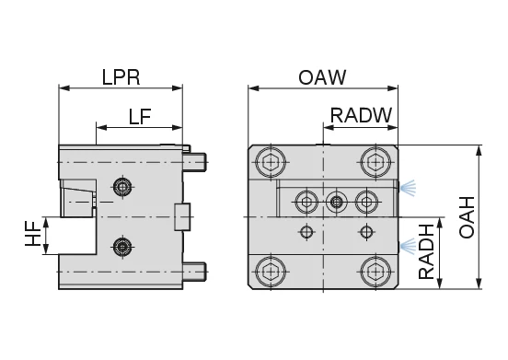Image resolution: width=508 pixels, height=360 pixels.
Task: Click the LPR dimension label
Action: tap(121, 77)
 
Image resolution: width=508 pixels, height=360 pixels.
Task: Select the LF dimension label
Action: tap(140, 117)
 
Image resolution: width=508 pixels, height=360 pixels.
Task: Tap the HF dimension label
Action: tap(33, 233)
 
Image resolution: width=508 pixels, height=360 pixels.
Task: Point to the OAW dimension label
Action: tap(322, 77)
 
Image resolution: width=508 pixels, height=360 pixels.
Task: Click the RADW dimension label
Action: tap(361, 115)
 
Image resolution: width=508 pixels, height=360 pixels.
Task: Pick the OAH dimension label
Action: tap(467, 217)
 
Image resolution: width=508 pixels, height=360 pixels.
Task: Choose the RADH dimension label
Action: tap(426, 251)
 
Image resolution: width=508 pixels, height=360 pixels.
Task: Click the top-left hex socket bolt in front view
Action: tap(271, 162)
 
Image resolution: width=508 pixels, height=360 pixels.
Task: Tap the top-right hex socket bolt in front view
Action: tap(375, 162)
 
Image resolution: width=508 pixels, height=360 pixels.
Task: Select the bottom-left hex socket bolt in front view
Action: tap(271, 272)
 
